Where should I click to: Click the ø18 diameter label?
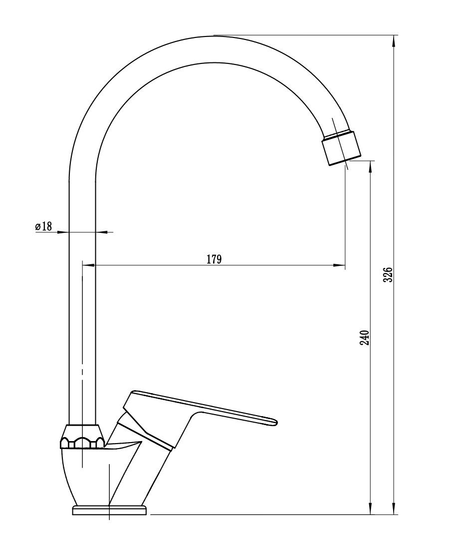click(43, 226)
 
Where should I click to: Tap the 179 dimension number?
click(214, 259)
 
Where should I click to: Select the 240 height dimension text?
click(365, 337)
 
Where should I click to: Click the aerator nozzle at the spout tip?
click(341, 148)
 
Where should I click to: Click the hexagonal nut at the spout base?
click(82, 437)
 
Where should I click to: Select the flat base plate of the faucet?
click(109, 510)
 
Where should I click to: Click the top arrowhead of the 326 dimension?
click(394, 41)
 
